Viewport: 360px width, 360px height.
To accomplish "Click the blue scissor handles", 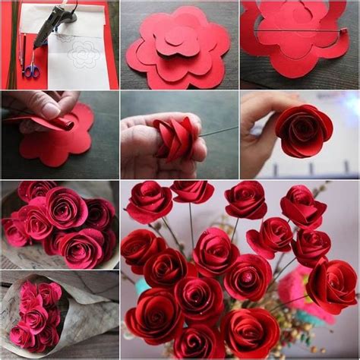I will click(x=32, y=71).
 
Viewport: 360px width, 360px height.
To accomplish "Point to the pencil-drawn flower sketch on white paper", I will click(x=84, y=53).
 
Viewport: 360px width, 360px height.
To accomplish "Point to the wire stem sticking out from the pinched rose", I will click(x=220, y=130).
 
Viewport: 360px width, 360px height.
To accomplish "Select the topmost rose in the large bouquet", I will click(x=191, y=191).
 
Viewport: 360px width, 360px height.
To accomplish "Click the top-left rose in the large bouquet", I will click(x=149, y=202).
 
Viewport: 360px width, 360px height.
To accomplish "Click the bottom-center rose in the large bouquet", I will click(x=199, y=342).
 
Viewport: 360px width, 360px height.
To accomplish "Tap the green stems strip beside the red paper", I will click(x=11, y=46).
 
